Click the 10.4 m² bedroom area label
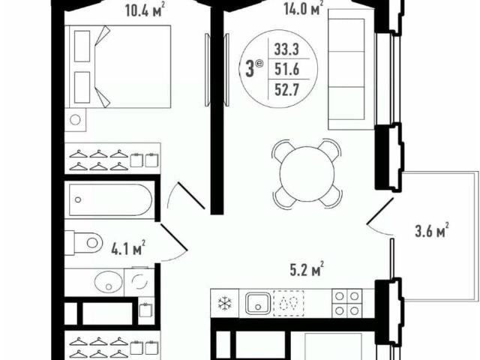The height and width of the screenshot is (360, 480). coord(143,10)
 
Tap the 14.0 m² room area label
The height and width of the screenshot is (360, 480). coord(303,8)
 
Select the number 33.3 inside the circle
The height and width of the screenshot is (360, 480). coord(286,49)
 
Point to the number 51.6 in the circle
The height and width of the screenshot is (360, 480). coord(286,70)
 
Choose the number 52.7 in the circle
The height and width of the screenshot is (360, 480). coord(286,90)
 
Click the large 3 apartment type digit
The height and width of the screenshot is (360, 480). coord(250,70)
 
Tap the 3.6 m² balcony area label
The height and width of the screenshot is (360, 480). coord(432,230)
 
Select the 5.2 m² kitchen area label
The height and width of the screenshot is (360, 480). coord(307,269)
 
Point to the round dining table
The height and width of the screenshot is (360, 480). coord(307,173)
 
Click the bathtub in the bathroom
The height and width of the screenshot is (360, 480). coord(110,200)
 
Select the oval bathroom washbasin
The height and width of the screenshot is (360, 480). coord(108,282)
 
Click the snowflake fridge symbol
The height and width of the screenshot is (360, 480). coord(225,304)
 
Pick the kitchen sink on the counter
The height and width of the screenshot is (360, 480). coord(258,303)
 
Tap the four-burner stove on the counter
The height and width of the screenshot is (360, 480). coord(346,304)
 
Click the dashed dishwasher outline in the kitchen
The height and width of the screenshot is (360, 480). coord(289,303)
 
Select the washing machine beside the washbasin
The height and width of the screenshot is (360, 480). coord(139,282)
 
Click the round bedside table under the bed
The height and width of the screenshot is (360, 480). coord(75,120)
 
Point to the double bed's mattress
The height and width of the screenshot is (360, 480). coord(133,67)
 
